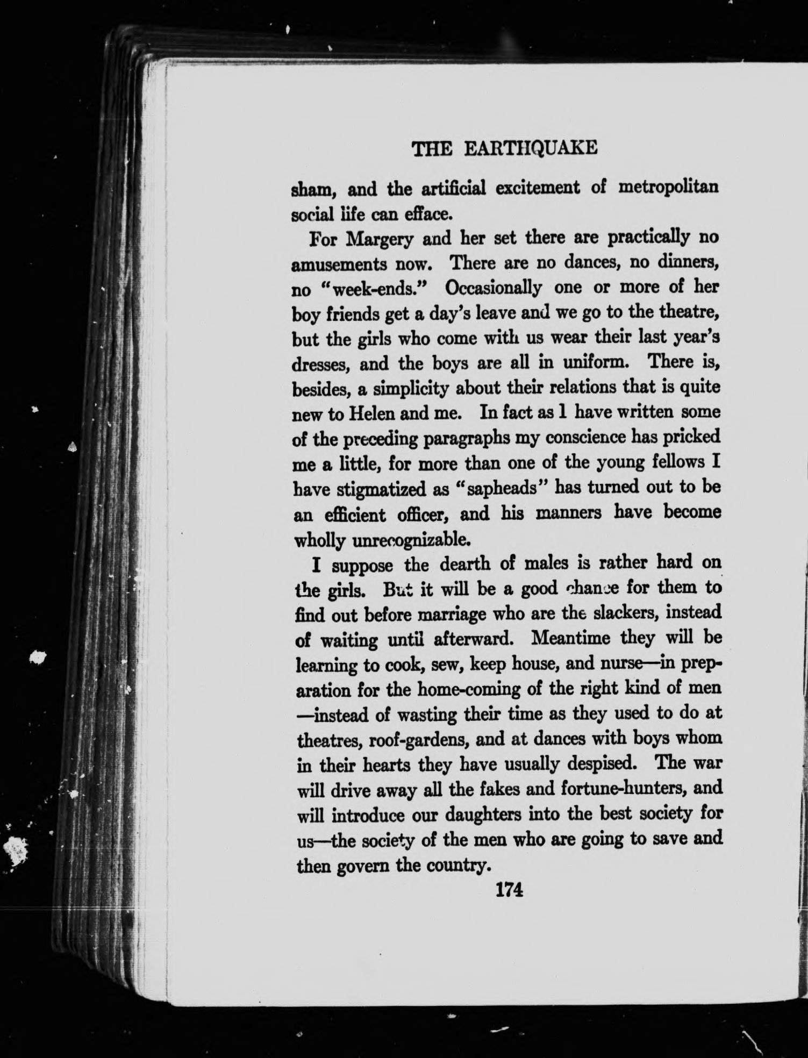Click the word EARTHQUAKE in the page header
[x=530, y=148]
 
